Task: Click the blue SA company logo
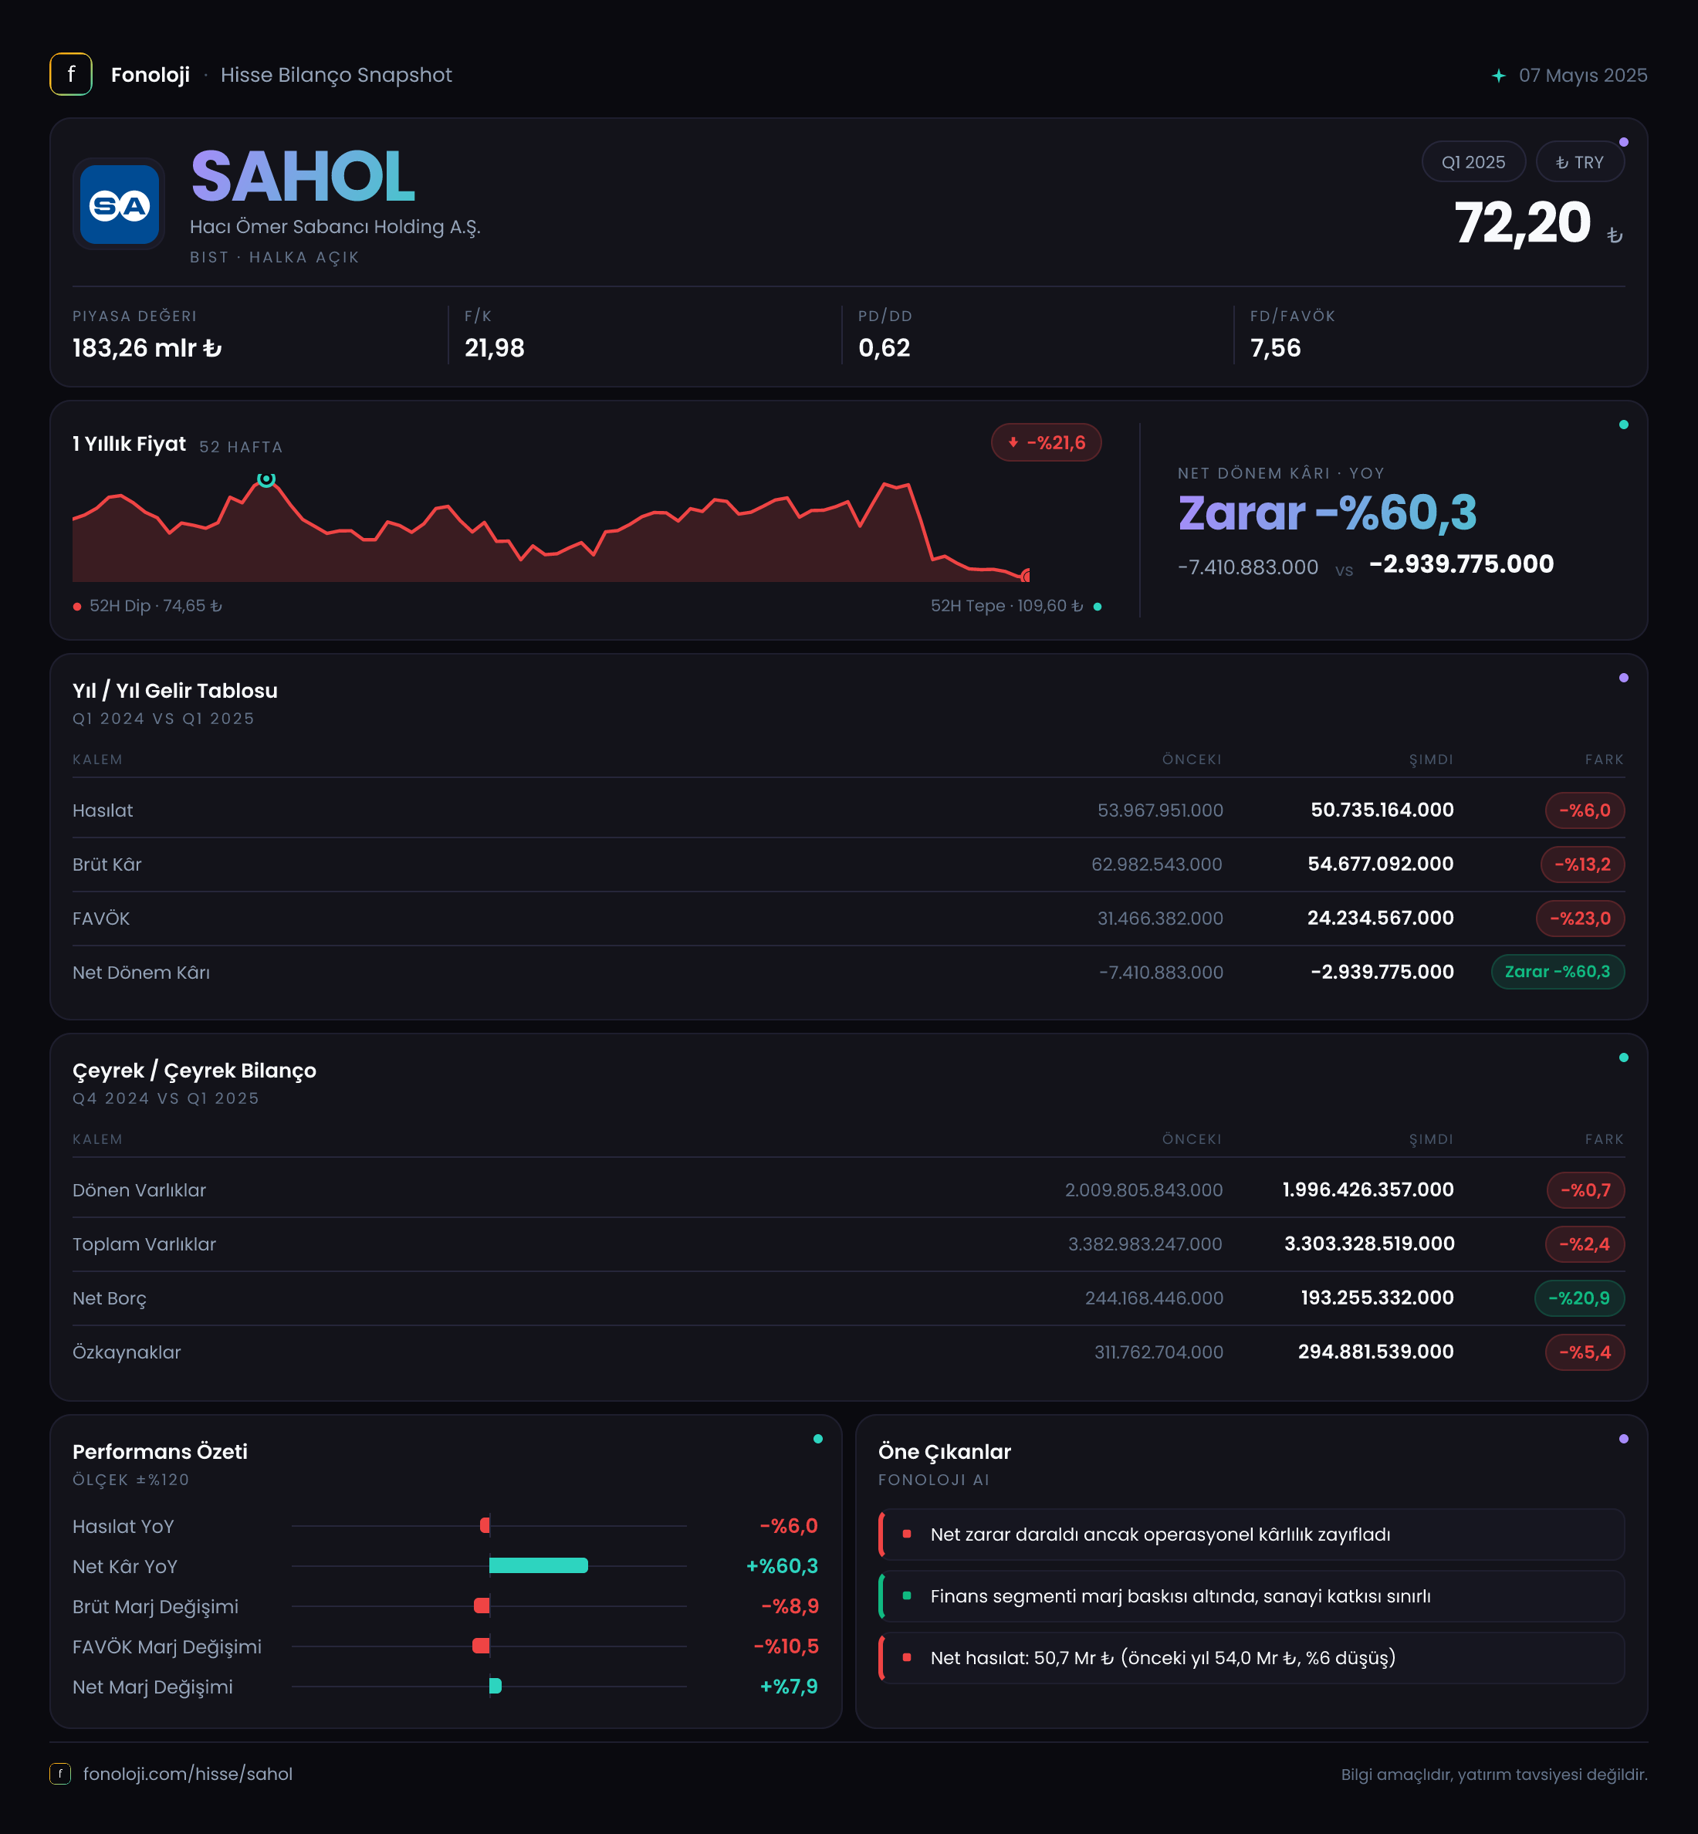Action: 120,204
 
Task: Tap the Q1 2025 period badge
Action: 1473,162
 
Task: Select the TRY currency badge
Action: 1579,162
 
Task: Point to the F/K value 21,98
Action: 494,348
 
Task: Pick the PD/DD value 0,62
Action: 884,348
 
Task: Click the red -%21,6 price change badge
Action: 1046,443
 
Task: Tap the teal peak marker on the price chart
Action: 266,479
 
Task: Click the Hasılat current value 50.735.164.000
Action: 1382,810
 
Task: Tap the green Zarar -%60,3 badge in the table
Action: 1558,971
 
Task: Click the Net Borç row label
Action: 110,1298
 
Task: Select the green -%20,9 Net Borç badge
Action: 1578,1298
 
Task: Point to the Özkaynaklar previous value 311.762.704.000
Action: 1158,1352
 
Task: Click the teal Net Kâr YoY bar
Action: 539,1565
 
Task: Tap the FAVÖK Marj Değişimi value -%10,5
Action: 786,1646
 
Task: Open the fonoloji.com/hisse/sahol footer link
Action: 188,1773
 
